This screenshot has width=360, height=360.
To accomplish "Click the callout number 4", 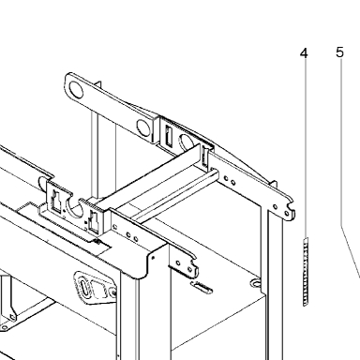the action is [x=304, y=53].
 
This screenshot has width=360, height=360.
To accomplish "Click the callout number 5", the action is [x=339, y=52].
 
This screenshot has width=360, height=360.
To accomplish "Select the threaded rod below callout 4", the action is [x=306, y=272].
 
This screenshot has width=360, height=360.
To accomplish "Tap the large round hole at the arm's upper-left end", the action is [x=76, y=90].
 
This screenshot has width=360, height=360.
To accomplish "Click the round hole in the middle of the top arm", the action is [x=143, y=128].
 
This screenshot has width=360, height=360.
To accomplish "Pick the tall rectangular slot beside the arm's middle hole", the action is [x=168, y=136].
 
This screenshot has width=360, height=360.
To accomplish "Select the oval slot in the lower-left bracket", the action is [x=84, y=286].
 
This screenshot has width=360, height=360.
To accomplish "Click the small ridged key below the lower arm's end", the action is [x=202, y=287].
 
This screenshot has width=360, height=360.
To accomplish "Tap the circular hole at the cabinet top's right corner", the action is [x=256, y=283].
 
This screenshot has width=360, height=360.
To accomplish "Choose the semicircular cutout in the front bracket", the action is [x=76, y=208].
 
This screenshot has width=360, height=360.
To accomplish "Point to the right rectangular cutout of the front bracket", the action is [x=94, y=221].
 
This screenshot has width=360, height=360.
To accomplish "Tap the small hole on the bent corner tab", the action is [x=153, y=258].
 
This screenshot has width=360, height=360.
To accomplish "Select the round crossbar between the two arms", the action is [x=175, y=195].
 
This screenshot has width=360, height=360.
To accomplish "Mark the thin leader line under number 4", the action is [x=305, y=148].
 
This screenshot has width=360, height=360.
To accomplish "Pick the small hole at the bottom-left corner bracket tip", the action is [x=5, y=327].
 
